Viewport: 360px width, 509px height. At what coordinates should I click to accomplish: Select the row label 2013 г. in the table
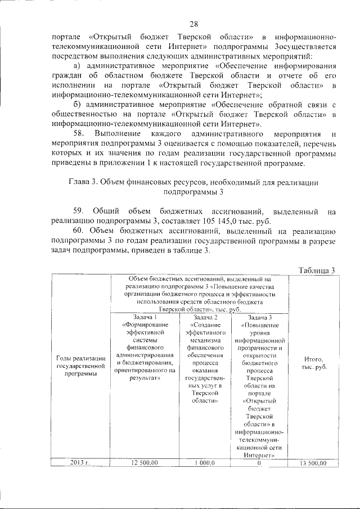click(x=80, y=462)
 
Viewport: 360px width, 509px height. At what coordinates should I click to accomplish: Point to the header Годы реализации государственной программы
click(x=80, y=366)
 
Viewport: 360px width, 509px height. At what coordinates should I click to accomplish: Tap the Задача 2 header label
click(x=205, y=317)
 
